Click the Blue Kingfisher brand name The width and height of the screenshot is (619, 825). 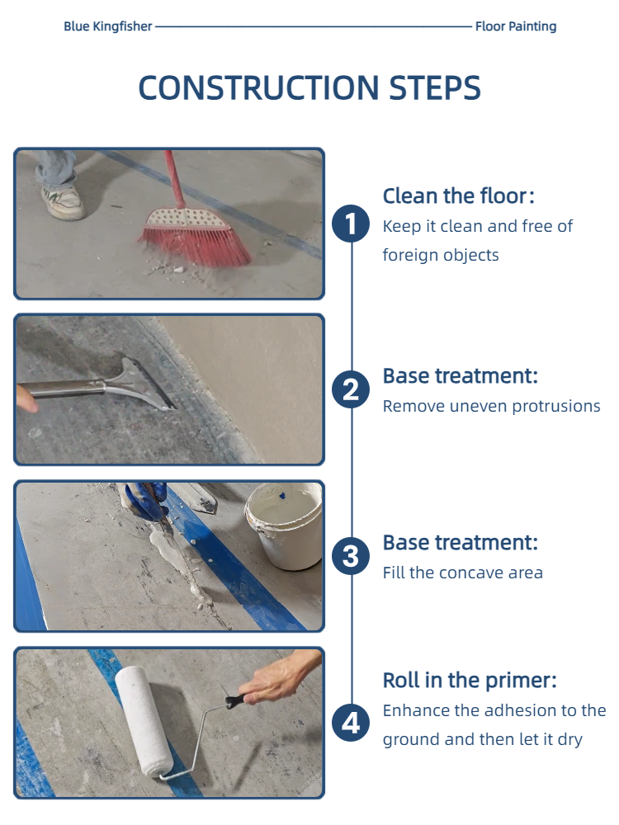click(x=108, y=26)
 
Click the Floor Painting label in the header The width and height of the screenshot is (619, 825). click(x=516, y=26)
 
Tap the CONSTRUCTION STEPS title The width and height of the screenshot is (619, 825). click(x=309, y=87)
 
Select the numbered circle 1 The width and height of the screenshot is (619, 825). click(x=351, y=224)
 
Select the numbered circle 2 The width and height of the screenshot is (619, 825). click(x=351, y=389)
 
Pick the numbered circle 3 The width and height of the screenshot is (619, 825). click(x=351, y=556)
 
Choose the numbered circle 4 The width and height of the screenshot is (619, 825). click(x=351, y=723)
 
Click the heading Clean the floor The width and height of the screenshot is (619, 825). click(x=458, y=196)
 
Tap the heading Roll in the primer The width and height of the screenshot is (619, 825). click(x=470, y=681)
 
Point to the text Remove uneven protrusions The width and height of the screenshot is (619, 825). click(x=492, y=406)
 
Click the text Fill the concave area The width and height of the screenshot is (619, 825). click(x=463, y=573)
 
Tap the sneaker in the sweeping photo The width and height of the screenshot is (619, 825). click(x=64, y=202)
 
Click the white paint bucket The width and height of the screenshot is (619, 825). click(x=284, y=526)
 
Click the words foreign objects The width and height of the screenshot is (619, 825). click(x=441, y=255)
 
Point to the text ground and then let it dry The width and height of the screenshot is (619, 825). click(x=483, y=739)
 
